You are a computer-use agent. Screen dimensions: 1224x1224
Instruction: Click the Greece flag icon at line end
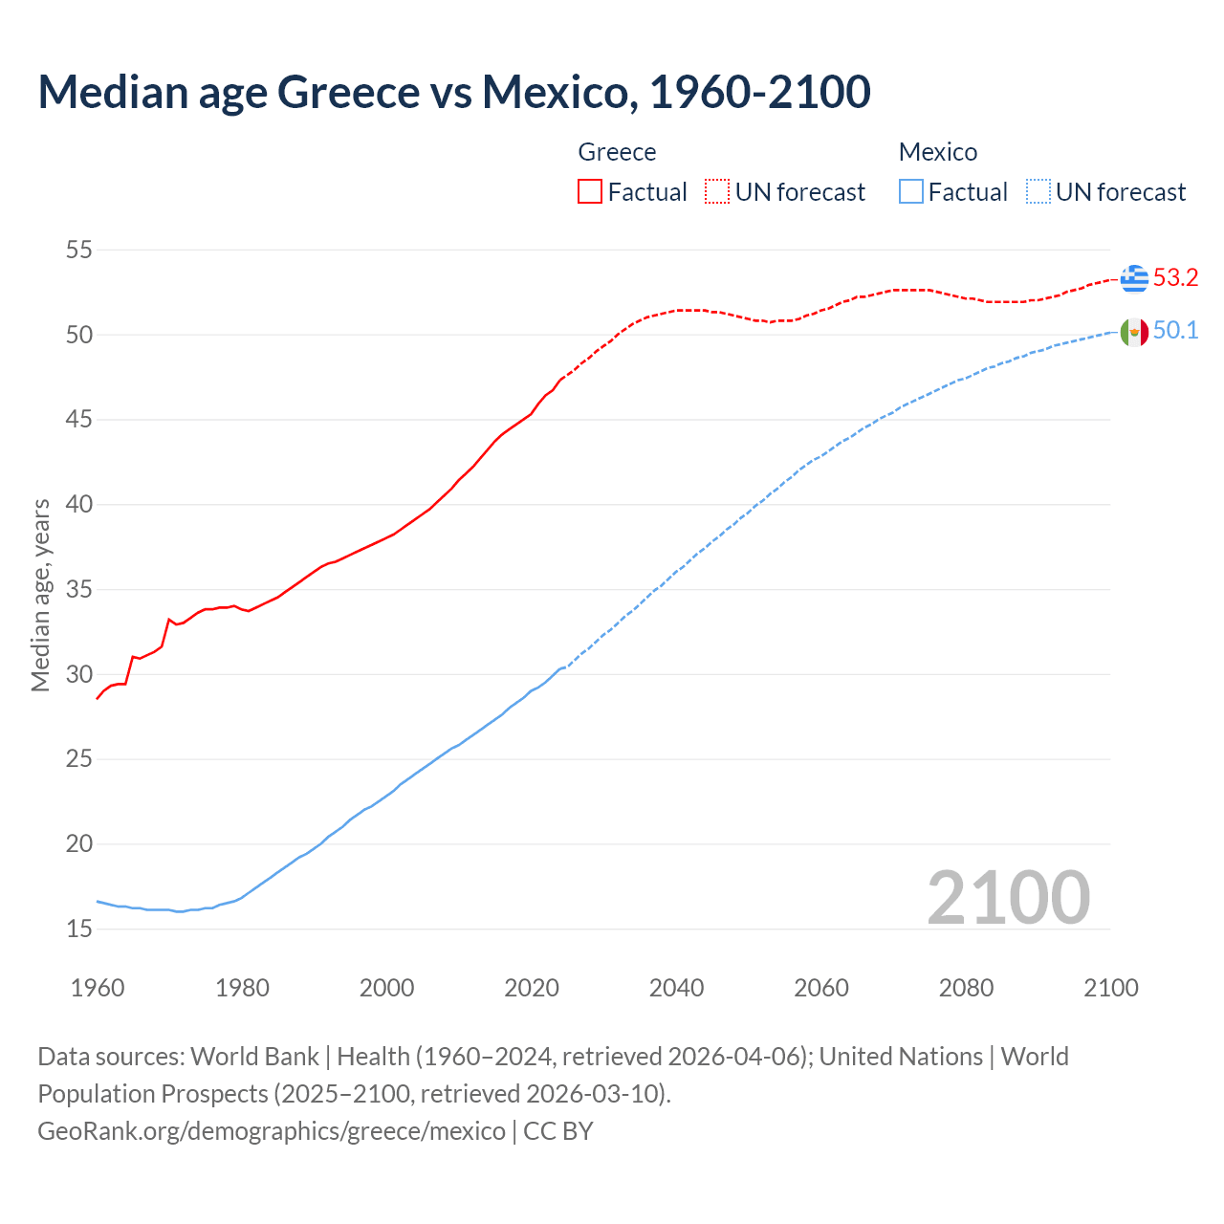pyautogui.click(x=1134, y=278)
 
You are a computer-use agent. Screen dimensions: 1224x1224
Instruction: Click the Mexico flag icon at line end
pyautogui.click(x=1134, y=332)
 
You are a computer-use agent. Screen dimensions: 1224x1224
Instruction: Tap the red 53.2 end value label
pyautogui.click(x=1175, y=278)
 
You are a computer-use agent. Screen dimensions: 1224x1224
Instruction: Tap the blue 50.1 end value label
pyautogui.click(x=1175, y=331)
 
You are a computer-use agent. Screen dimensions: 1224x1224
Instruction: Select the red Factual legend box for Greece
pyautogui.click(x=590, y=192)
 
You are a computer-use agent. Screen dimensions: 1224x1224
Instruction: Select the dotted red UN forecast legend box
pyautogui.click(x=717, y=192)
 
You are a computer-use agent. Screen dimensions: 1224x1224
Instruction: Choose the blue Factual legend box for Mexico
pyautogui.click(x=911, y=192)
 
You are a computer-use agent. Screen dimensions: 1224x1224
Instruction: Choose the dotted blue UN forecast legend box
pyautogui.click(x=1038, y=192)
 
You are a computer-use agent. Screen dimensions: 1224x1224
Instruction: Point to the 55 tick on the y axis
pyautogui.click(x=79, y=251)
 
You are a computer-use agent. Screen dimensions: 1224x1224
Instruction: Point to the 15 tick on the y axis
pyautogui.click(x=79, y=929)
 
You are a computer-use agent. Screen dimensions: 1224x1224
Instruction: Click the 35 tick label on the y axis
pyautogui.click(x=79, y=590)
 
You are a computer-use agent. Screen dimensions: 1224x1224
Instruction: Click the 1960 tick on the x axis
pyautogui.click(x=98, y=988)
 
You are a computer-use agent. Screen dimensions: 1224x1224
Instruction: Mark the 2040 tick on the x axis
pyautogui.click(x=676, y=988)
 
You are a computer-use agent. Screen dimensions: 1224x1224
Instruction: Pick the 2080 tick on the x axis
pyautogui.click(x=966, y=988)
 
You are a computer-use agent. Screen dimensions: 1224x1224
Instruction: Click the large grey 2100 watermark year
pyautogui.click(x=1008, y=898)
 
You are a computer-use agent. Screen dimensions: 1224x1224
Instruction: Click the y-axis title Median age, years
pyautogui.click(x=40, y=595)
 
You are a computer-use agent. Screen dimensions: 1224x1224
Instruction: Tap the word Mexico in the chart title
pyautogui.click(x=555, y=92)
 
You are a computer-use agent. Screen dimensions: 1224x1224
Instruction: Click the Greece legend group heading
pyautogui.click(x=617, y=152)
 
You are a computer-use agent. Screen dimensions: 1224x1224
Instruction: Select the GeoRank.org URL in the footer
pyautogui.click(x=271, y=1131)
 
